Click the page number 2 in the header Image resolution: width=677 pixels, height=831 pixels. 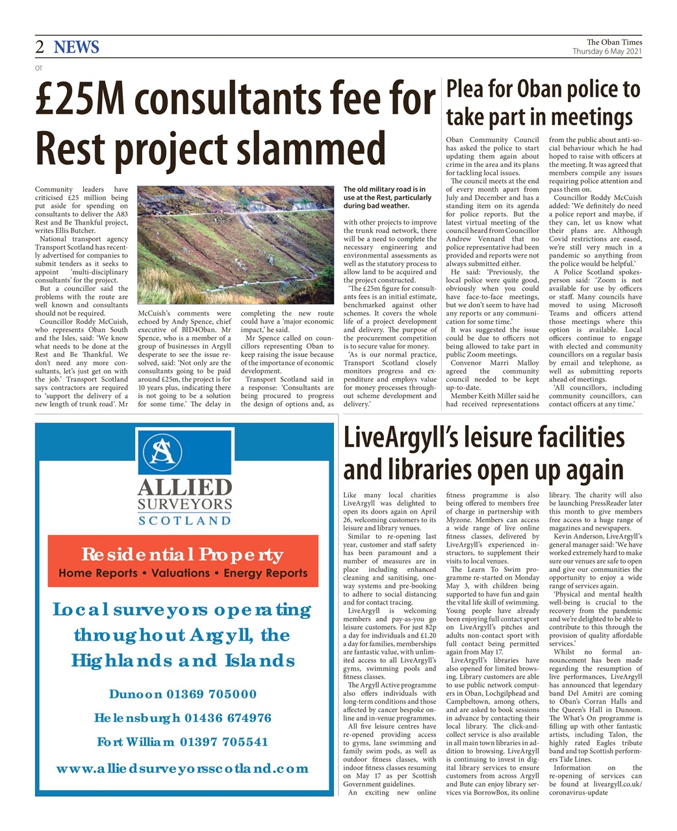point(40,47)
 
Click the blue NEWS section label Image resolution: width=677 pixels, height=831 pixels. point(77,47)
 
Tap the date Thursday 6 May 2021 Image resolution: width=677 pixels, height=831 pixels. point(607,51)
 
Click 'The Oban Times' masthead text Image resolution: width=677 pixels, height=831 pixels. point(614,42)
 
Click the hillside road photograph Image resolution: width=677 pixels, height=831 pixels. point(236,245)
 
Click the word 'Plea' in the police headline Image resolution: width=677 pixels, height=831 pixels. point(469,90)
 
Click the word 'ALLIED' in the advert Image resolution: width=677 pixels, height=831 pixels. point(185,488)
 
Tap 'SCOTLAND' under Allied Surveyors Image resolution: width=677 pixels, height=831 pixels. point(185,520)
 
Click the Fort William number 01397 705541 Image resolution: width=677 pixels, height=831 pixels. point(224,741)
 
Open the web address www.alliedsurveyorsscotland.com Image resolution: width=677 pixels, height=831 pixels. point(183,769)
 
